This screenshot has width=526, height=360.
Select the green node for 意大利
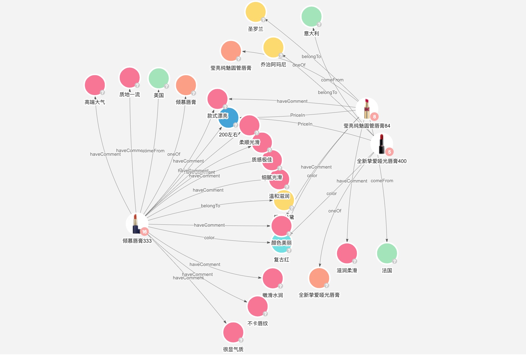tap(311, 17)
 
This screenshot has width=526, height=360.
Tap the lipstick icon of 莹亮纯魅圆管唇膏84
tap(367, 109)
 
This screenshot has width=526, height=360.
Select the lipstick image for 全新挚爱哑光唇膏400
tap(381, 144)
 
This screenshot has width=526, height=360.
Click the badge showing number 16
tap(144, 232)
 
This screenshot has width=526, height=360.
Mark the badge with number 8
tap(374, 116)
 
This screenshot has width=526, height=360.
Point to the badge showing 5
tap(389, 152)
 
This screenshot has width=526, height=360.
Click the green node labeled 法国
tap(387, 253)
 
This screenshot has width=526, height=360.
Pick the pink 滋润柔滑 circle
tap(347, 253)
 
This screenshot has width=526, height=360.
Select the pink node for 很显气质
tap(233, 332)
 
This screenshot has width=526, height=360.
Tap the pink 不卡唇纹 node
tap(258, 306)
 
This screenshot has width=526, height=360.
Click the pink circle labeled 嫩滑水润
tap(272, 278)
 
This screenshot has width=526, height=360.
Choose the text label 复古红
tap(281, 259)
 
